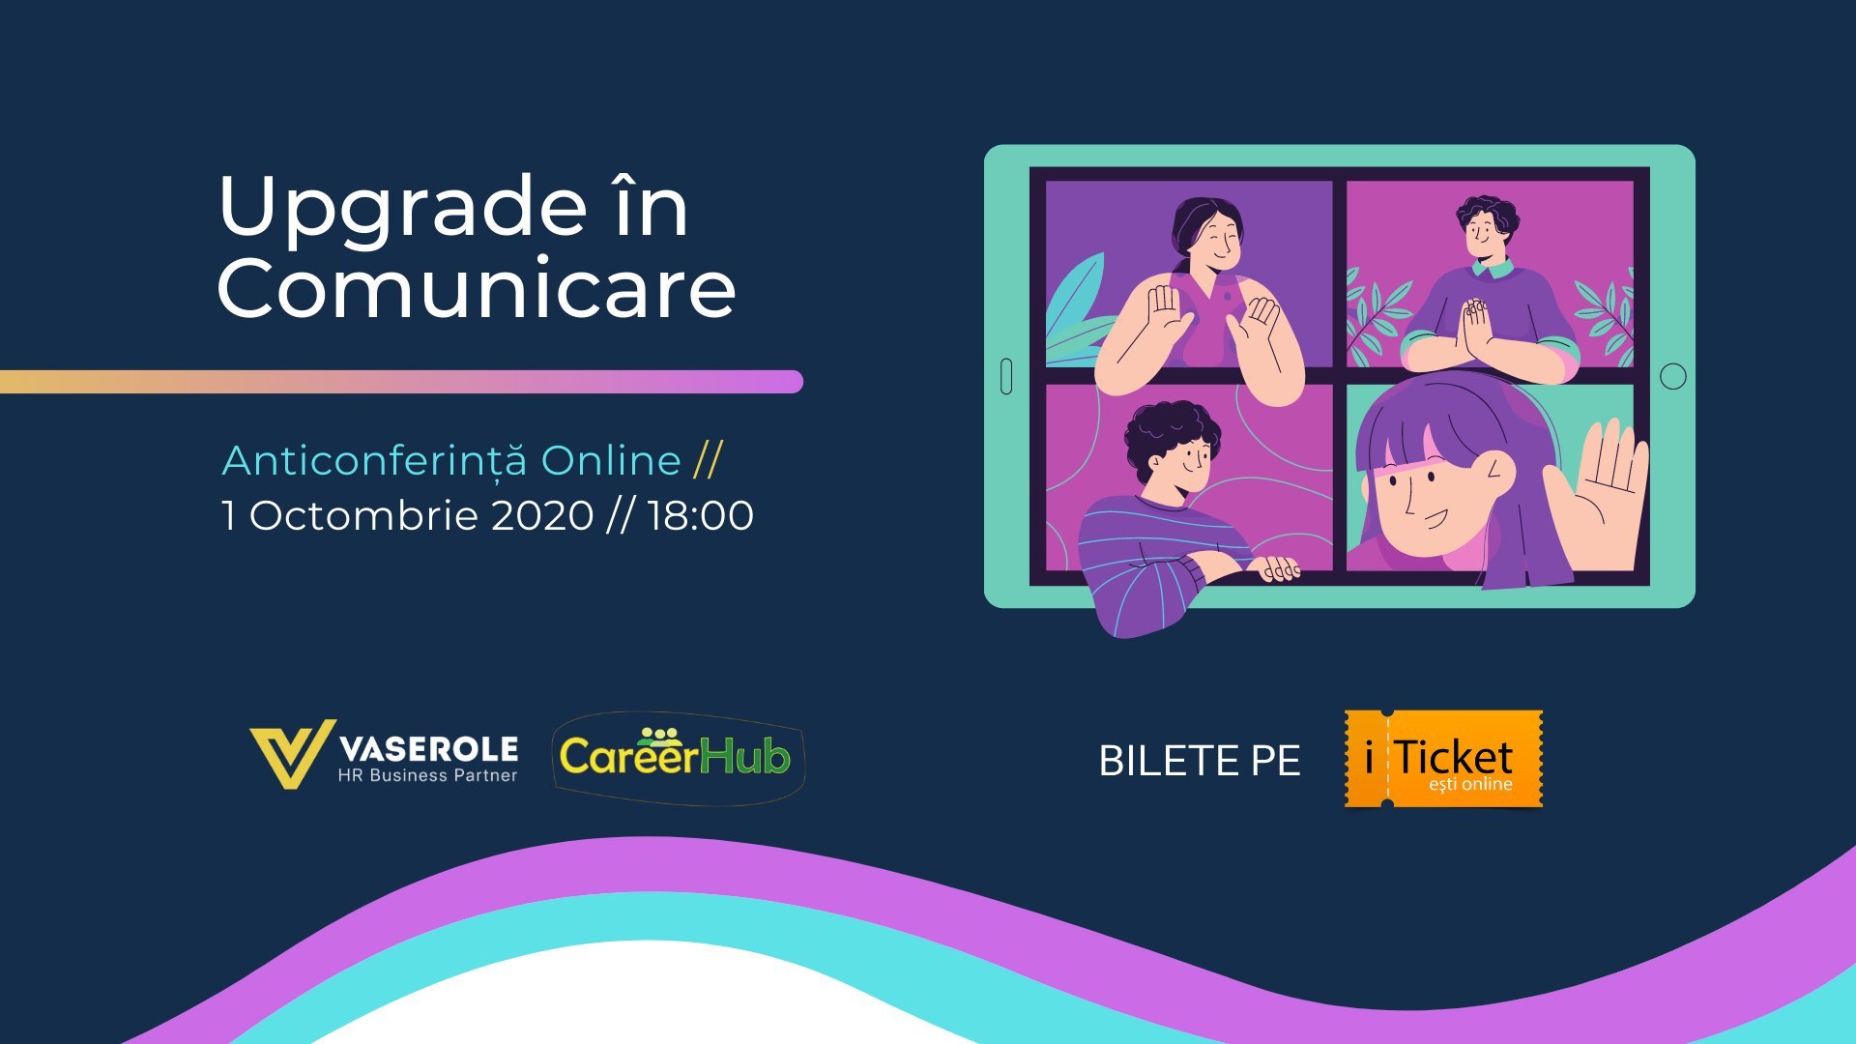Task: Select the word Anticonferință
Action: [374, 461]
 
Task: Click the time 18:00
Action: [700, 515]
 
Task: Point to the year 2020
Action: [542, 515]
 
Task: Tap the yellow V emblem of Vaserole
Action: [291, 753]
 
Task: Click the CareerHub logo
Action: [676, 757]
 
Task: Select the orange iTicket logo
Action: [1443, 759]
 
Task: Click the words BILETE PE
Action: [1200, 761]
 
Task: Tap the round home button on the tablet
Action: [1672, 376]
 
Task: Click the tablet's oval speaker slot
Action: [1006, 376]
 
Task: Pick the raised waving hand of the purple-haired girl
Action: [1600, 493]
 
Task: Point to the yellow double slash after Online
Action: [708, 461]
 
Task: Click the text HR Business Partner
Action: [427, 775]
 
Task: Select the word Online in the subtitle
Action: [611, 461]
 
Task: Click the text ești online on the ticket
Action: [1470, 784]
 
